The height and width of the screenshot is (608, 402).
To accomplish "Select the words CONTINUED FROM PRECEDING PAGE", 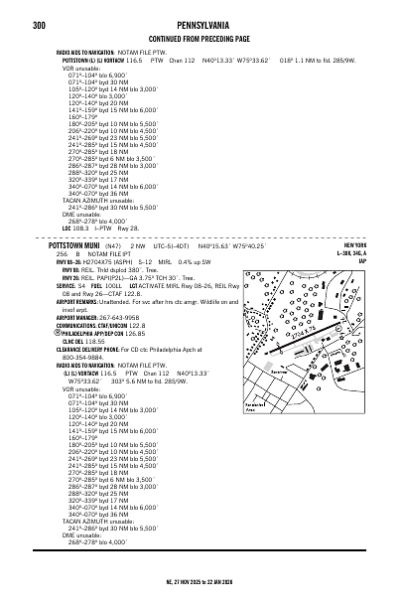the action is click(x=201, y=37).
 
